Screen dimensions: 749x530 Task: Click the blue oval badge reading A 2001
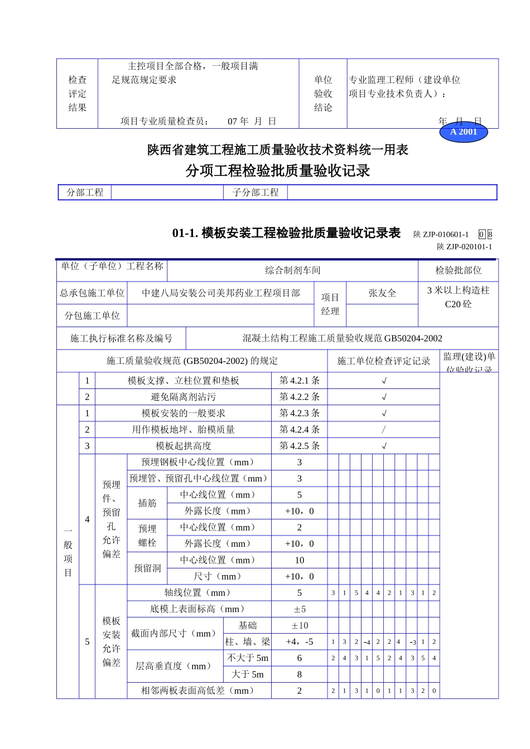coord(464,132)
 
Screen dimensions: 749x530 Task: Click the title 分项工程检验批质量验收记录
coord(278,171)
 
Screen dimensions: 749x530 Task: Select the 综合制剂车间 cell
coord(292,270)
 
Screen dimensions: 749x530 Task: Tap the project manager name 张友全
coord(382,293)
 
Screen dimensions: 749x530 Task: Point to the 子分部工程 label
coord(256,192)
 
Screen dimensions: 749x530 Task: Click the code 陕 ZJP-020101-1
coord(464,247)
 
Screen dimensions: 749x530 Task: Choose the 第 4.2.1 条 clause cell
coord(300,381)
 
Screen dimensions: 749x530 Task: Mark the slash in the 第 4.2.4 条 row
coord(383,430)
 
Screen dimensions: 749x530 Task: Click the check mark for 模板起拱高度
coord(384,446)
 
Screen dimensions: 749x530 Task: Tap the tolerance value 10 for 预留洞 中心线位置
coord(300,560)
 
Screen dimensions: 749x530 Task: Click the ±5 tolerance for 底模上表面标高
coord(300,609)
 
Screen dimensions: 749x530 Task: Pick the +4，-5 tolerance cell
coord(300,641)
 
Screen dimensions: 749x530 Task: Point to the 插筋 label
coord(147,503)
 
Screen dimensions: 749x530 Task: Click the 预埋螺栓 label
coord(147,536)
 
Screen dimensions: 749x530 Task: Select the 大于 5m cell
coord(248,674)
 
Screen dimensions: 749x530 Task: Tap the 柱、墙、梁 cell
coord(248,641)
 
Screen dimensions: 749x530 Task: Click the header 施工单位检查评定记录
coord(383,361)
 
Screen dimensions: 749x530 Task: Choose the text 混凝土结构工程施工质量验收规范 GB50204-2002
coord(342,338)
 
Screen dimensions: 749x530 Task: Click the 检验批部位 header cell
coord(458,270)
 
